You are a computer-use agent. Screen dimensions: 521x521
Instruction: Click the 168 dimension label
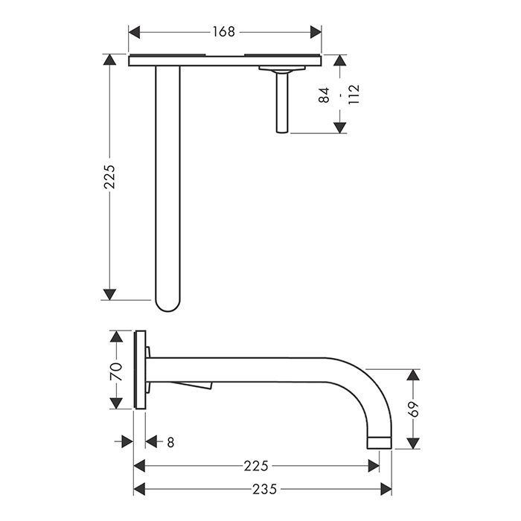click(x=223, y=32)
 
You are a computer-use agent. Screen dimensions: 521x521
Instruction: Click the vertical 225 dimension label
click(x=109, y=177)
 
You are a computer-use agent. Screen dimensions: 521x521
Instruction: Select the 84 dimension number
click(x=324, y=95)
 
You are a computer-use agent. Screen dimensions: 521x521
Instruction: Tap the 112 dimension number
click(x=354, y=95)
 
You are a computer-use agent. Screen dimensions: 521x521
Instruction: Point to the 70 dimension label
click(x=116, y=372)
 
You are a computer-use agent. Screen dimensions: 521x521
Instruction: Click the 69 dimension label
click(x=413, y=409)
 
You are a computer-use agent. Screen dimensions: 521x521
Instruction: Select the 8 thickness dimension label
click(x=170, y=443)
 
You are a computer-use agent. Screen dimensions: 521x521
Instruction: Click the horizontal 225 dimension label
click(x=256, y=466)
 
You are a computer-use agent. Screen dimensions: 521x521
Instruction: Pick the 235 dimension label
click(x=264, y=489)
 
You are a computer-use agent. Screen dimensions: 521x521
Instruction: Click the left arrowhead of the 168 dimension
click(x=134, y=32)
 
